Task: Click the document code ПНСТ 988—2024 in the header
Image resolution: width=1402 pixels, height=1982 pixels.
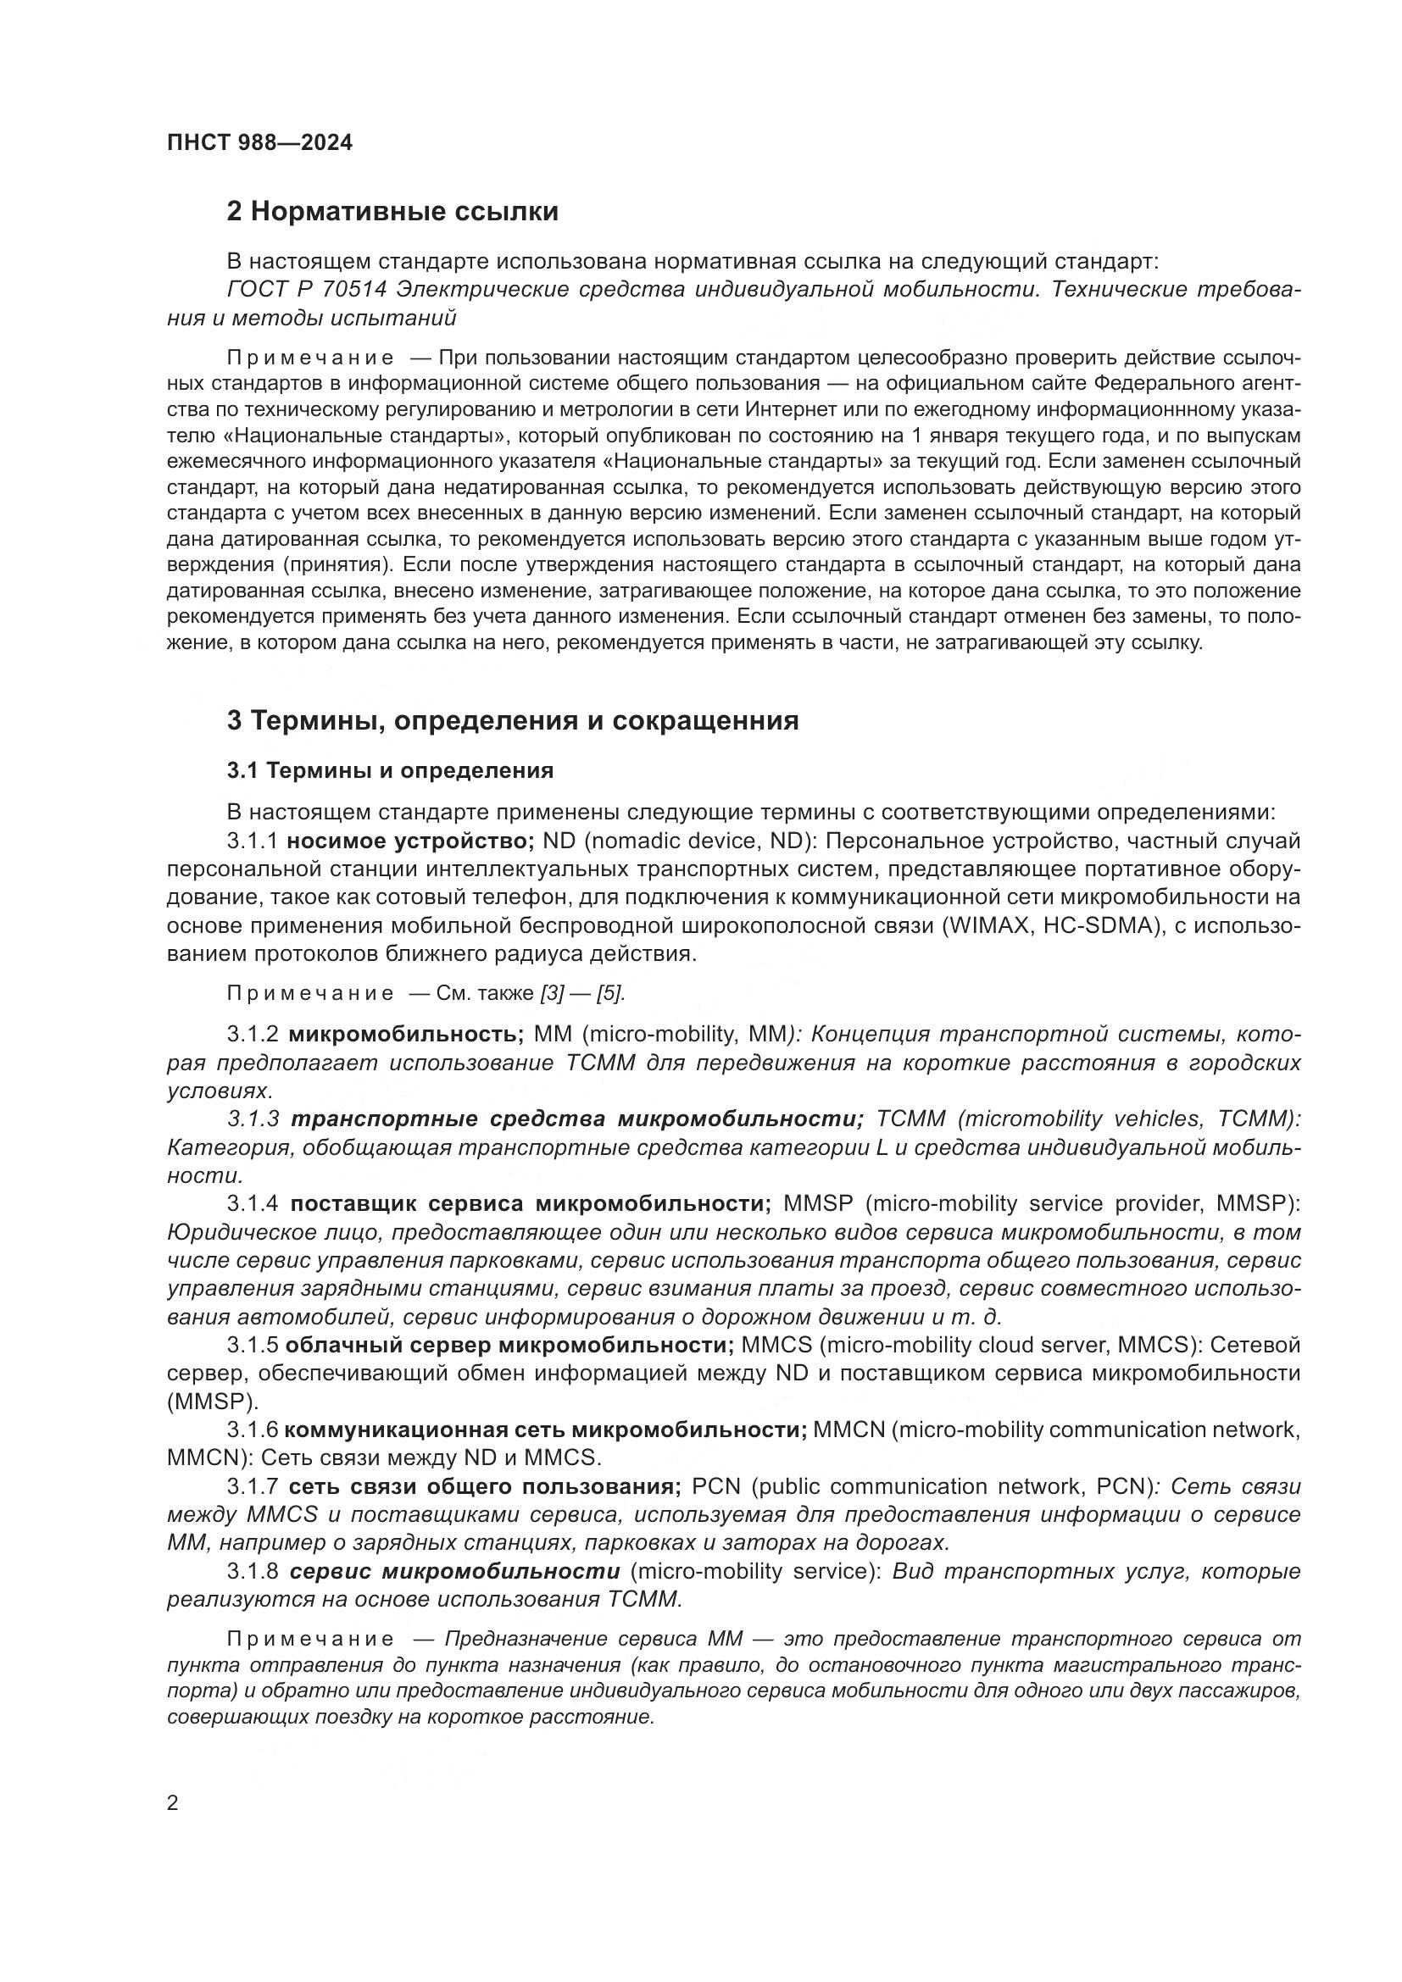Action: coord(260,143)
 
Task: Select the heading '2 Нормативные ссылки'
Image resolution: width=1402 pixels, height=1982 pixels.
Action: coord(392,212)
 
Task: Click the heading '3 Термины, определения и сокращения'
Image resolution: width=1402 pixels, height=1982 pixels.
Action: coord(512,720)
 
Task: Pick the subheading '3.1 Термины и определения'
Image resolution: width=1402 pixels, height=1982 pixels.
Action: coord(390,770)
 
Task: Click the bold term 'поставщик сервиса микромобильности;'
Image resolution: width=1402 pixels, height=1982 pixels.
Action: coord(530,1203)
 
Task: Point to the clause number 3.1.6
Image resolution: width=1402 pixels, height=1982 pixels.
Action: coord(253,1430)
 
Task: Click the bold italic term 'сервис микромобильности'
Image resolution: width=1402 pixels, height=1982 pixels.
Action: coord(454,1571)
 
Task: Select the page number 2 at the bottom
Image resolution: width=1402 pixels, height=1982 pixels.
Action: coord(173,1802)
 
